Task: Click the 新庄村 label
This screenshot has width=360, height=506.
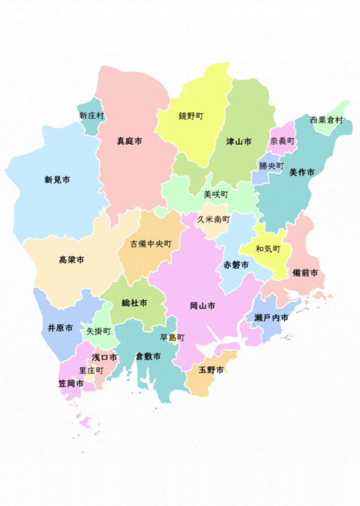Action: (92, 116)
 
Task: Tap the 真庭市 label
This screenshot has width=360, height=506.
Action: (130, 141)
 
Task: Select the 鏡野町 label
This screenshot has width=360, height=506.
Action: (191, 116)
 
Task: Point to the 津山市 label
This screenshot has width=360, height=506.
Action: (239, 141)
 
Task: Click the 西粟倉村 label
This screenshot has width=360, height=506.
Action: (326, 120)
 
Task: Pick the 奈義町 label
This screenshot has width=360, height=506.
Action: (282, 141)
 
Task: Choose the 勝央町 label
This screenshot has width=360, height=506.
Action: (271, 166)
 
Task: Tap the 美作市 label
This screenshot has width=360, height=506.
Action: (302, 172)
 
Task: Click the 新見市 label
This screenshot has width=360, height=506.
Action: (57, 180)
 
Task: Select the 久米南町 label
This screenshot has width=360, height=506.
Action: (214, 219)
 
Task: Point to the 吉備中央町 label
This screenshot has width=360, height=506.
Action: (151, 244)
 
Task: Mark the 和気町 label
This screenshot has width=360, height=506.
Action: (268, 249)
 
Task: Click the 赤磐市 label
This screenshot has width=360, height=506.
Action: (236, 265)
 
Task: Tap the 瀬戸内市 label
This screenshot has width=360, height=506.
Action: (271, 318)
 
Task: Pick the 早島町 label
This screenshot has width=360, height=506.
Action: (172, 338)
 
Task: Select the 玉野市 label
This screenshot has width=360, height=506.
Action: (211, 370)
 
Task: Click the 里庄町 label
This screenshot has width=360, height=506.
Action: (91, 370)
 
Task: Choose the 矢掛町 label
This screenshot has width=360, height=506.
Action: (98, 331)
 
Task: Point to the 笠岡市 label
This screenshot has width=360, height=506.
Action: (71, 383)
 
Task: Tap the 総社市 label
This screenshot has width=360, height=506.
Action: (135, 303)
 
